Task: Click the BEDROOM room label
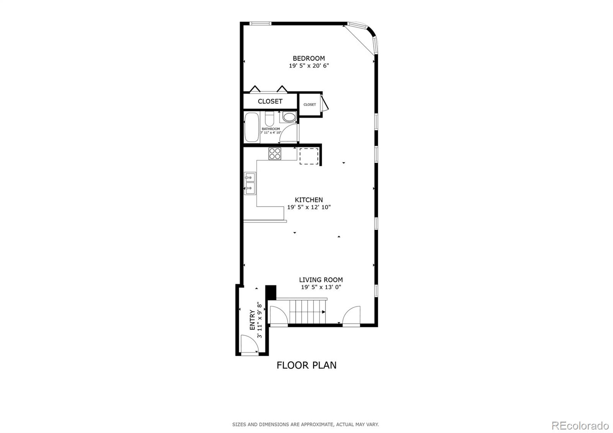tap(309, 58)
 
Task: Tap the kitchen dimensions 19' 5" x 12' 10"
tap(309, 207)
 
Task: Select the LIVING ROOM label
tap(321, 280)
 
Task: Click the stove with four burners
tap(275, 154)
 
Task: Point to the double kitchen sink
tap(250, 184)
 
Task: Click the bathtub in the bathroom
tap(252, 127)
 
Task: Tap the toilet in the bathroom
tap(270, 118)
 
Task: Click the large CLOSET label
tap(270, 101)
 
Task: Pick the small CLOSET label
tap(310, 105)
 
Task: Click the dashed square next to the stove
tap(309, 156)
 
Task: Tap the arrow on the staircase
tap(323, 312)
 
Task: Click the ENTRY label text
tap(252, 320)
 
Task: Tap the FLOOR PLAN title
tap(306, 365)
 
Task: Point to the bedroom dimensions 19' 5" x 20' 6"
tap(309, 66)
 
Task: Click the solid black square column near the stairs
tap(270, 293)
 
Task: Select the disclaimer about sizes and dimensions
tap(306, 425)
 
